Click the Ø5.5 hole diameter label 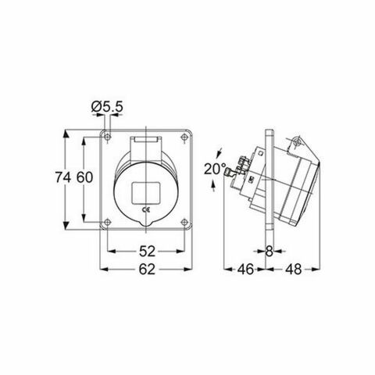click(105, 105)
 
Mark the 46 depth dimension click(245, 270)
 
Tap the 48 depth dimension click(292, 270)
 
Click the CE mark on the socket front click(145, 210)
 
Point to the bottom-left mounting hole click(107, 221)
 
